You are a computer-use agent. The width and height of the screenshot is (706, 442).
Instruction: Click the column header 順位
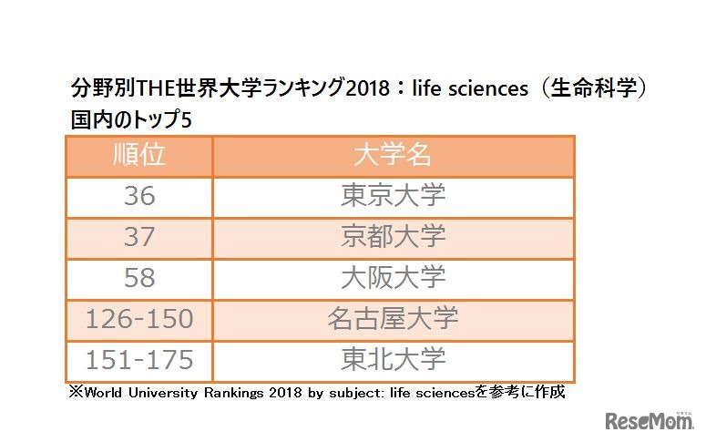tap(138, 156)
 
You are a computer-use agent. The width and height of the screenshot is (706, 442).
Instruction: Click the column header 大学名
tap(393, 156)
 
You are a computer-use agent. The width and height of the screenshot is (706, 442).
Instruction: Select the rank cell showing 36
tap(138, 197)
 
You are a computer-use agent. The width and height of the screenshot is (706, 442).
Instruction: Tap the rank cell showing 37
tap(138, 237)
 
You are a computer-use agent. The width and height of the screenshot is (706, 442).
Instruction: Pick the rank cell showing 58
tap(138, 278)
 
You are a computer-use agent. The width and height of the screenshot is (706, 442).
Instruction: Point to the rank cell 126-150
tap(138, 319)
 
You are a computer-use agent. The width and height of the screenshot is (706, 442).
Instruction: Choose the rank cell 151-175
tap(138, 360)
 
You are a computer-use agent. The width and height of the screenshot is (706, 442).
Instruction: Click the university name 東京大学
tap(393, 197)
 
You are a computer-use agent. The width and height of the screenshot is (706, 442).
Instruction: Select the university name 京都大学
tap(393, 237)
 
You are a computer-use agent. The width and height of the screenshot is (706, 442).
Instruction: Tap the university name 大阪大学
tap(393, 278)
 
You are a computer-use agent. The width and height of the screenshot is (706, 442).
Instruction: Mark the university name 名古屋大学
tap(393, 319)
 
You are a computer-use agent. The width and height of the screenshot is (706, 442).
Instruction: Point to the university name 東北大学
tap(393, 360)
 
